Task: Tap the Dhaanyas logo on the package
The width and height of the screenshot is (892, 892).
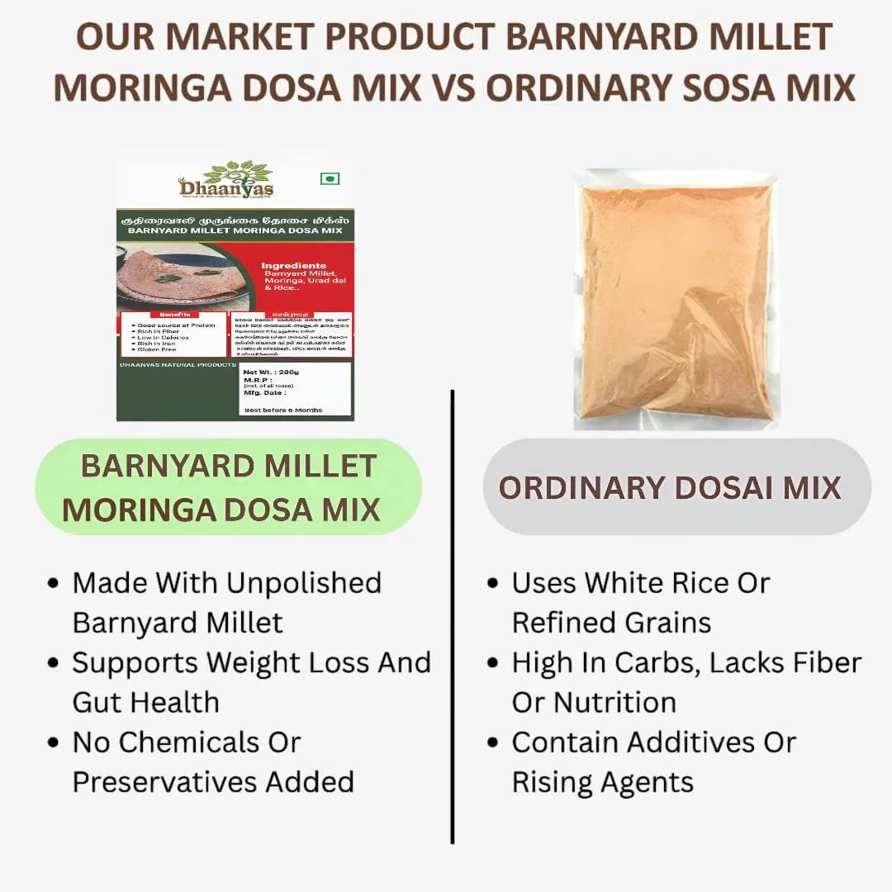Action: click(x=226, y=181)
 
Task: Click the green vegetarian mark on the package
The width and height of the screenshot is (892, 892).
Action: click(x=330, y=178)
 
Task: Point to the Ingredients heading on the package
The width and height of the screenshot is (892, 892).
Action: click(x=293, y=266)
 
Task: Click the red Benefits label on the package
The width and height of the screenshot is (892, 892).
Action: click(x=174, y=315)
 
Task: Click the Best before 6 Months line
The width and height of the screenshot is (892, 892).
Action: click(x=282, y=410)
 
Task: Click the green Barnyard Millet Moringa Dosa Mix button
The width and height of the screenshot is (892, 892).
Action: click(x=229, y=487)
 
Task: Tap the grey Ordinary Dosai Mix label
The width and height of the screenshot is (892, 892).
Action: click(x=676, y=487)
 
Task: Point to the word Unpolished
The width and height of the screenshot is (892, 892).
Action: click(x=303, y=582)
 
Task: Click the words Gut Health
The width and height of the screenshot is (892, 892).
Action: click(x=146, y=702)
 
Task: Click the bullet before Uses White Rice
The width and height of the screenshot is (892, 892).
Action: click(x=493, y=583)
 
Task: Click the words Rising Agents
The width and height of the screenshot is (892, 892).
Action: click(x=603, y=781)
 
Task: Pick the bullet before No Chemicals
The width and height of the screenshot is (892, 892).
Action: click(x=54, y=743)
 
